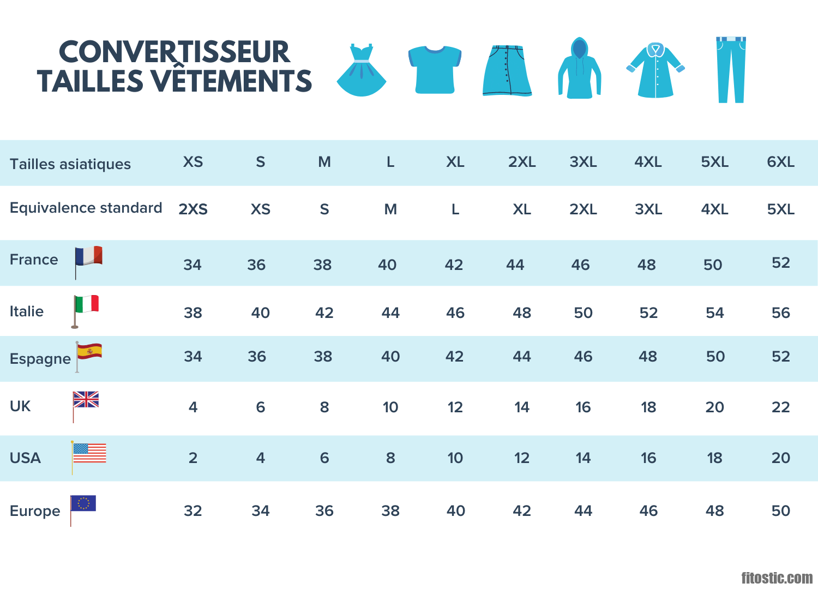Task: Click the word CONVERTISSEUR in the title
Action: tap(174, 52)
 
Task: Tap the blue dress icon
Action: tap(362, 71)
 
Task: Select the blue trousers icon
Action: tap(731, 70)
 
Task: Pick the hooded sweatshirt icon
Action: tap(579, 69)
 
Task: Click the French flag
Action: tap(89, 256)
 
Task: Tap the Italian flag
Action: tap(87, 304)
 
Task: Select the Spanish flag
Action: tap(89, 351)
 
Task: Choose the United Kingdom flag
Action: tap(86, 400)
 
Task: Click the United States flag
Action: tap(89, 453)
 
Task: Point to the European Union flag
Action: tap(83, 503)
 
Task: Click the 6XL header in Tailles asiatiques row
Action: tap(780, 162)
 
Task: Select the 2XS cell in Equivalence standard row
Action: tap(193, 209)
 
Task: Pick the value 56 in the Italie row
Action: tap(780, 313)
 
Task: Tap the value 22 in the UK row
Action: tap(780, 407)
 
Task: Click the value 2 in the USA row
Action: tap(193, 458)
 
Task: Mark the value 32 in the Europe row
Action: tap(193, 511)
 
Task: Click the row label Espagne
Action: tap(40, 359)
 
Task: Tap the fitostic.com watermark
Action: tap(777, 578)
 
